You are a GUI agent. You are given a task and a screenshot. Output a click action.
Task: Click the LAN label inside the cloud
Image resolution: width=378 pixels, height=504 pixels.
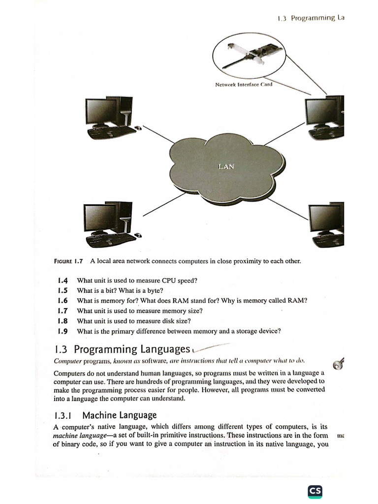(226, 166)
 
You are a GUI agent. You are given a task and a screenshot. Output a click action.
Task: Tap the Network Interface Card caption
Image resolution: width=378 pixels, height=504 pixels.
(244, 84)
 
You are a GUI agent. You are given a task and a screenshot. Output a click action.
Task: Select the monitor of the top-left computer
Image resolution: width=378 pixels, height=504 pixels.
(100, 111)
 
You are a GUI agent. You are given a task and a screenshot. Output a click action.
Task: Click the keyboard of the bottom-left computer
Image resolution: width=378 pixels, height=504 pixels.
(110, 241)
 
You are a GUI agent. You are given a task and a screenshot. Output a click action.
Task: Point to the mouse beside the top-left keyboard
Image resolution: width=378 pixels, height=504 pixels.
(138, 128)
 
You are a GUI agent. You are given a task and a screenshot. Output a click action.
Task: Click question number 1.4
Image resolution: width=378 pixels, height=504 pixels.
(63, 281)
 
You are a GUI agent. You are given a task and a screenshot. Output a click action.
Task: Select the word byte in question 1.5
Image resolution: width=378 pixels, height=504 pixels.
(156, 290)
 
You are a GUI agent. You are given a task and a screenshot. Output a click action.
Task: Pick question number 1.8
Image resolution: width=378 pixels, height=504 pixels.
(63, 321)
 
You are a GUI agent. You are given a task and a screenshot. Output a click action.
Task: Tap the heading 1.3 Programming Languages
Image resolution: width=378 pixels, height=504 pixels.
(123, 349)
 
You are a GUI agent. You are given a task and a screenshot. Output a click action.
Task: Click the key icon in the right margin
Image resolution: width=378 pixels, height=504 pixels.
(339, 363)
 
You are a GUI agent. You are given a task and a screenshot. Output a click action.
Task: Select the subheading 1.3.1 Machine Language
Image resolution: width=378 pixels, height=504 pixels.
(105, 415)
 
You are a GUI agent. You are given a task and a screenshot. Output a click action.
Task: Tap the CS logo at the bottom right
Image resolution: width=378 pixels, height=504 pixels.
(315, 491)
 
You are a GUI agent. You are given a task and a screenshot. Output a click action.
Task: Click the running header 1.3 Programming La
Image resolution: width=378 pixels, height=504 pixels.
(310, 18)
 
